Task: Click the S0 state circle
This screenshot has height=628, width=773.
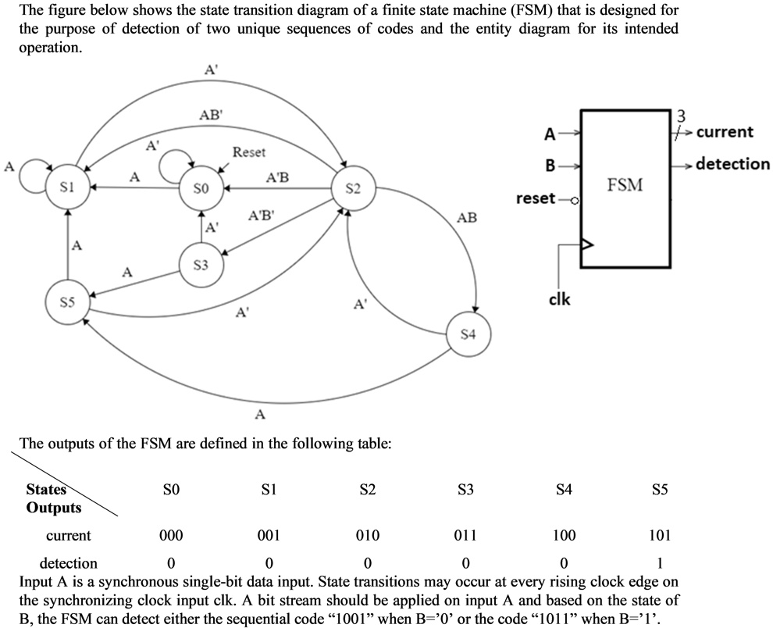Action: [201, 188]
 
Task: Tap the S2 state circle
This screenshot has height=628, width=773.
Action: [353, 188]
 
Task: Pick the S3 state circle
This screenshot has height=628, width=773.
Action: [201, 266]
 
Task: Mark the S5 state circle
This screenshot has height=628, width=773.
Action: [67, 302]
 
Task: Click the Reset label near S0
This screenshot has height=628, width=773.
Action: [249, 152]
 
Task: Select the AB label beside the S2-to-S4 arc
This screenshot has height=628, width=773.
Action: [467, 218]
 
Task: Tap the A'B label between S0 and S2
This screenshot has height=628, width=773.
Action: [277, 177]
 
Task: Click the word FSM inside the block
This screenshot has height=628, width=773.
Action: [625, 185]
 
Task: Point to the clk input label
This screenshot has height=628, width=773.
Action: [559, 298]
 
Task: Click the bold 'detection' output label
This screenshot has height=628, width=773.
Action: [732, 164]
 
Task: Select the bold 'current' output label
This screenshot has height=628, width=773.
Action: [725, 132]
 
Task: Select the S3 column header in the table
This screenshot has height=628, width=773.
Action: [465, 491]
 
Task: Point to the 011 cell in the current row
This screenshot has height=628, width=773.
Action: [465, 536]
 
